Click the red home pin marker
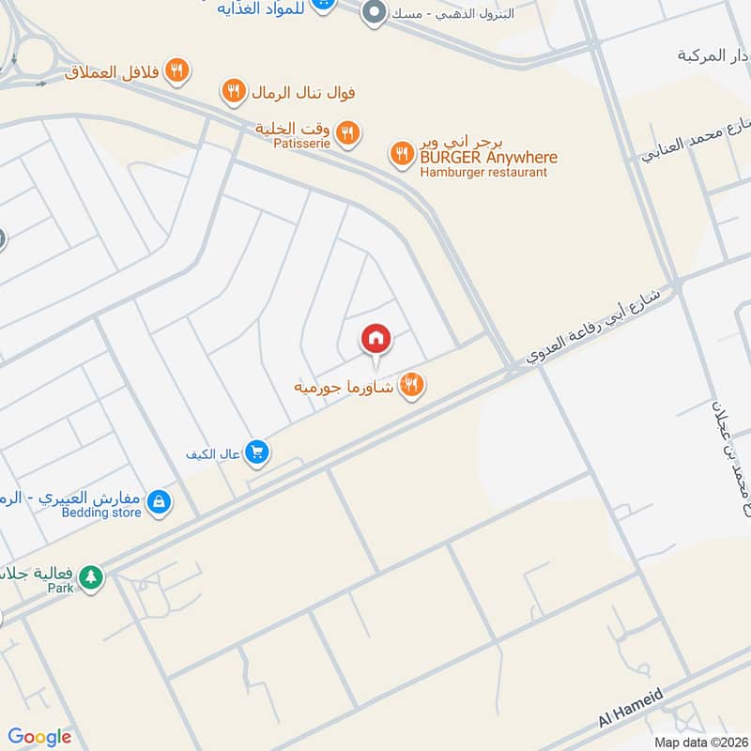pyautogui.click(x=376, y=339)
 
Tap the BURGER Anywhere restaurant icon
pyautogui.click(x=402, y=153)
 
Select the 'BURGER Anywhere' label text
pyautogui.click(x=488, y=158)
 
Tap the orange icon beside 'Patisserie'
pyautogui.click(x=347, y=134)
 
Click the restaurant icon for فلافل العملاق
pyautogui.click(x=176, y=69)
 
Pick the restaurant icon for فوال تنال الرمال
pyautogui.click(x=234, y=92)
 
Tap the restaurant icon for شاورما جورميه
pyautogui.click(x=411, y=384)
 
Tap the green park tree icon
pyautogui.click(x=90, y=575)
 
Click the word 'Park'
pyautogui.click(x=61, y=590)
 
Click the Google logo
pyautogui.click(x=39, y=737)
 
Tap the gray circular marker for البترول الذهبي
pyautogui.click(x=374, y=13)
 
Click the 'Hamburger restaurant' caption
pyautogui.click(x=483, y=173)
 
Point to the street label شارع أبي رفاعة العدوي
pyautogui.click(x=593, y=326)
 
